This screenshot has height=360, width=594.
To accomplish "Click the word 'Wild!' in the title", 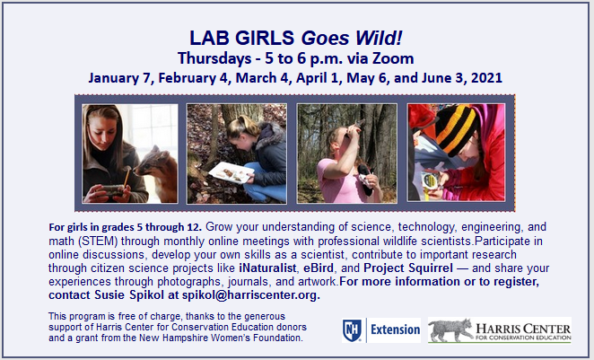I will click(372, 39).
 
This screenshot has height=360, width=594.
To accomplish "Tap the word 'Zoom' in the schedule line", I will click(390, 58).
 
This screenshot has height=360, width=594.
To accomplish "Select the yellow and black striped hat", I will click(454, 128).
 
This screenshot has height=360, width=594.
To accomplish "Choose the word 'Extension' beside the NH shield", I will click(390, 330).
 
